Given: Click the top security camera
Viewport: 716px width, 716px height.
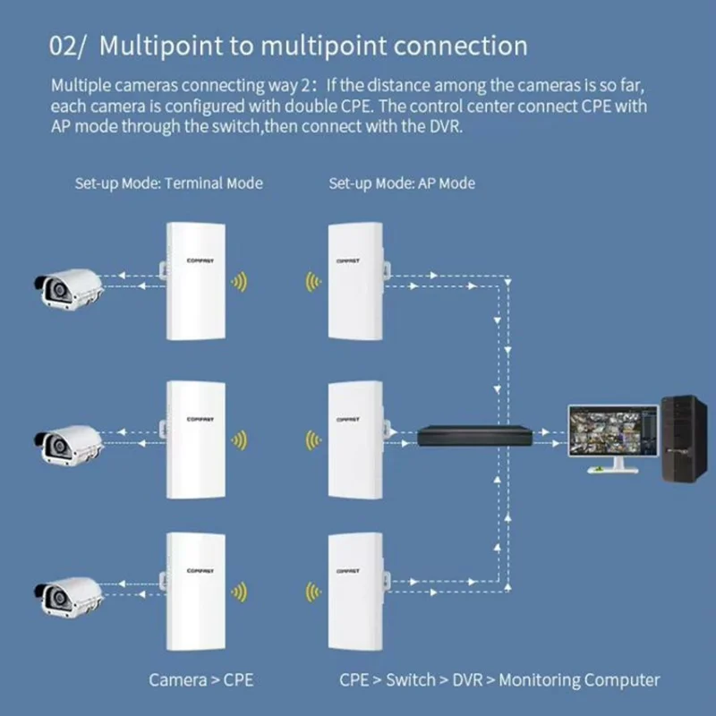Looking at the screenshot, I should [x=68, y=287].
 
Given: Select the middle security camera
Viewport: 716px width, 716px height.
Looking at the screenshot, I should [x=68, y=439].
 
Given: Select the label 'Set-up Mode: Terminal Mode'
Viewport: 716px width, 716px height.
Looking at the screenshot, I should [x=168, y=183].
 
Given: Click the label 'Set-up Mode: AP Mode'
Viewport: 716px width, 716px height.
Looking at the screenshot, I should [x=402, y=183].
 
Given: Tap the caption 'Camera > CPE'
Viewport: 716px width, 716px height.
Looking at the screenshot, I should [x=200, y=680].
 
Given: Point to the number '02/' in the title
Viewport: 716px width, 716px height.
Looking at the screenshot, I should [x=68, y=46].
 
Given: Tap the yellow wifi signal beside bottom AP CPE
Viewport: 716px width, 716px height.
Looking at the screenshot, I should [x=311, y=592].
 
